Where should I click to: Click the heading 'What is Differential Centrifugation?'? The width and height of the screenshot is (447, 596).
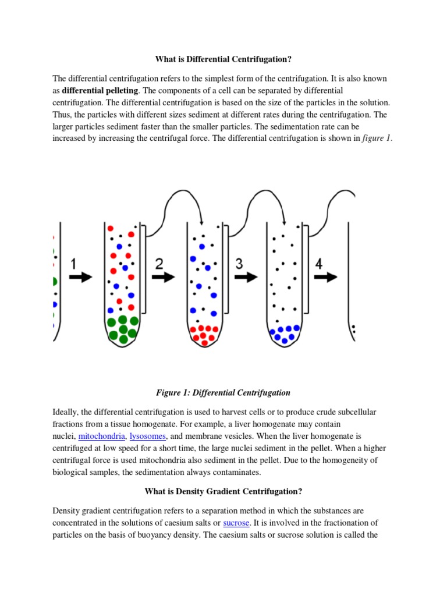pyautogui.click(x=223, y=59)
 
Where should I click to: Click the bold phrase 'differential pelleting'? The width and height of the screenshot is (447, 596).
pyautogui.click(x=101, y=91)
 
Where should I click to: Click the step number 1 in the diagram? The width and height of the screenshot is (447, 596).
pyautogui.click(x=73, y=264)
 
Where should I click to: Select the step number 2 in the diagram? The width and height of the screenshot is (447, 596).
pyautogui.click(x=159, y=264)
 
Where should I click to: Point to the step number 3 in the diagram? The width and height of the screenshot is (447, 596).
pyautogui.click(x=239, y=264)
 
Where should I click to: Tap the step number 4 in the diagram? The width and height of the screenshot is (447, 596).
pyautogui.click(x=319, y=264)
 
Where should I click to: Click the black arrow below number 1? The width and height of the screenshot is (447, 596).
pyautogui.click(x=80, y=277)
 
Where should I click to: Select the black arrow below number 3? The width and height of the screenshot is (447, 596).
pyautogui.click(x=246, y=277)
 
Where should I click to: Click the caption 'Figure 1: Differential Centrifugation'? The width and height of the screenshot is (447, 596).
pyautogui.click(x=223, y=393)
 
